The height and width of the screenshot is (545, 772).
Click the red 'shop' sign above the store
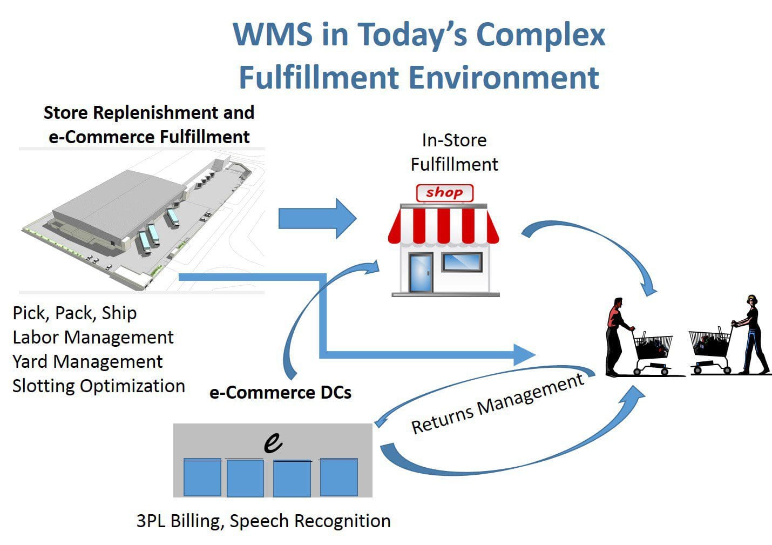click(445, 193)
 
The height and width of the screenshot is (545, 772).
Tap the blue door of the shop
click(421, 273)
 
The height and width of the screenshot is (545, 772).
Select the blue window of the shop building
click(462, 263)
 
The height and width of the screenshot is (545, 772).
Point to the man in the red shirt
click(617, 337)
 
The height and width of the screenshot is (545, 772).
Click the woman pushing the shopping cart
click(751, 334)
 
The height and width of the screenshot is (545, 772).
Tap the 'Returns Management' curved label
click(498, 403)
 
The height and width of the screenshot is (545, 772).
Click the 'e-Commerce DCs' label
click(280, 393)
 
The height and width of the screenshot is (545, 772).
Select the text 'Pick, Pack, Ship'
click(75, 313)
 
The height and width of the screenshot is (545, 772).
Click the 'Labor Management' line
click(93, 338)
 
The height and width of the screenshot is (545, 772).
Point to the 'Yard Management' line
click(87, 362)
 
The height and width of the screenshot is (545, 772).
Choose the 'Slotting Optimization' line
click(99, 386)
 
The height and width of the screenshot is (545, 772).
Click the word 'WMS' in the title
click(273, 34)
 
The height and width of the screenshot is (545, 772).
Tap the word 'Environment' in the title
click(505, 77)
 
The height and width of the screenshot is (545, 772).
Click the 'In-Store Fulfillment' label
click(454, 152)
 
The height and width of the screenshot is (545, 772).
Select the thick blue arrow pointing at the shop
click(317, 219)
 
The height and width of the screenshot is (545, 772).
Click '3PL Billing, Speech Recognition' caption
click(263, 521)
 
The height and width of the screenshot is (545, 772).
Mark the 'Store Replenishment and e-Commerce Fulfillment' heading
click(149, 124)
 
